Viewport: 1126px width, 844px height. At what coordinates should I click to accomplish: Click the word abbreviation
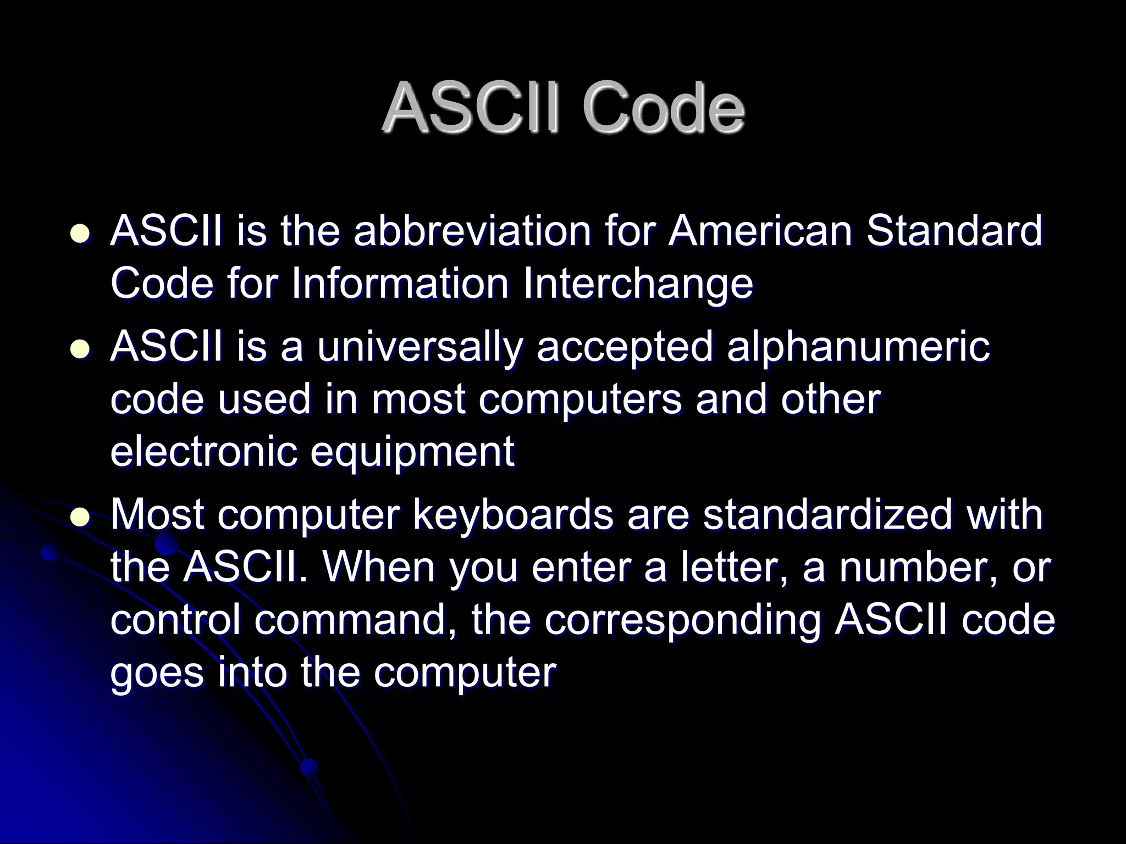[472, 231]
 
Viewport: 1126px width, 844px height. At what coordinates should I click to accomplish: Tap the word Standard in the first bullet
[954, 231]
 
